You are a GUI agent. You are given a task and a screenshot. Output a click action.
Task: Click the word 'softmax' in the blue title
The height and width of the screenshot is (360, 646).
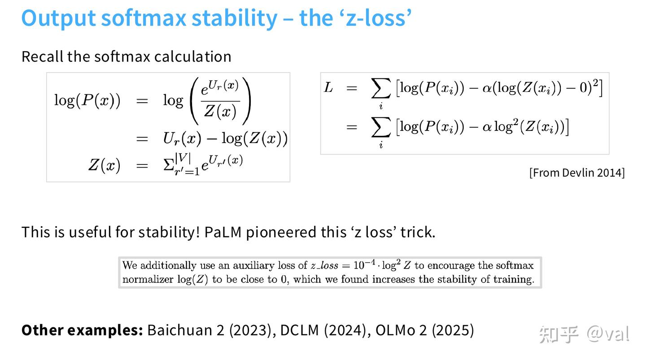(x=144, y=18)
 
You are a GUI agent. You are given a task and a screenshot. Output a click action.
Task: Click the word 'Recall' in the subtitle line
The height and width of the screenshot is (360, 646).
(x=42, y=56)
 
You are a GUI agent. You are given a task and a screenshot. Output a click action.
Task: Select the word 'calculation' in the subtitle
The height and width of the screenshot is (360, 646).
(x=192, y=56)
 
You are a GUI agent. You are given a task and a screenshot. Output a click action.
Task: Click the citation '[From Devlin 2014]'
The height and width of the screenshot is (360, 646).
(x=577, y=173)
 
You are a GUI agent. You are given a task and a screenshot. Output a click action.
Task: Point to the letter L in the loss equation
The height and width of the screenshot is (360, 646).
(x=328, y=87)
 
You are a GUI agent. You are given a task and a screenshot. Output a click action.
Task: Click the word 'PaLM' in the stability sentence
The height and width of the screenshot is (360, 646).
(x=223, y=232)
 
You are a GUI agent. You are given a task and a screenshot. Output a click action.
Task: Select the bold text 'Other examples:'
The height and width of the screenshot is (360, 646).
(x=82, y=330)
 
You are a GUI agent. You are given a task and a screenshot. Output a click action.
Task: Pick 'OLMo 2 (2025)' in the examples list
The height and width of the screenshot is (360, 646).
(x=425, y=330)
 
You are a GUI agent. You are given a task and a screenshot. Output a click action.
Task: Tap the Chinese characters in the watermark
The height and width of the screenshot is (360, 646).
(x=559, y=334)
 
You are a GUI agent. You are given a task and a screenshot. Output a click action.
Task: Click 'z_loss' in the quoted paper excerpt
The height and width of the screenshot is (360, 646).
(x=324, y=265)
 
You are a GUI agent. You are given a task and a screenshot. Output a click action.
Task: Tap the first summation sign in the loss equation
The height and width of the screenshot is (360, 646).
(x=381, y=88)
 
